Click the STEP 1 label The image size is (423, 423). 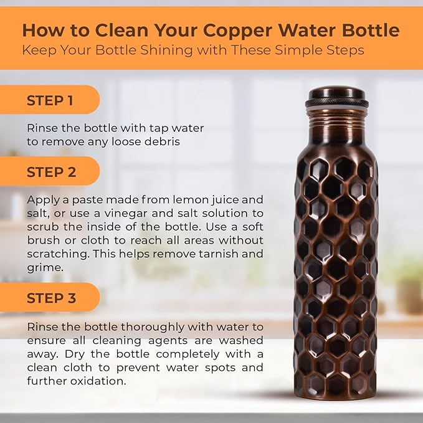[x=50, y=100]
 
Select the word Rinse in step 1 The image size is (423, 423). [x=41, y=128]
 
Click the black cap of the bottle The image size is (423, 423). [x=336, y=95]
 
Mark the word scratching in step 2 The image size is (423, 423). [x=52, y=254]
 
